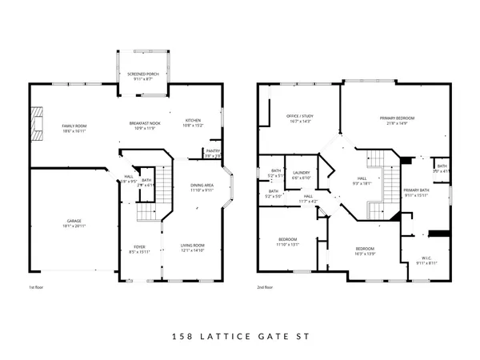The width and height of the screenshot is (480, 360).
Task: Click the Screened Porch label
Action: (142, 75)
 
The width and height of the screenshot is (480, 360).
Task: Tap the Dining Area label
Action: (202, 188)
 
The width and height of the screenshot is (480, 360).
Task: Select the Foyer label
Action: (138, 247)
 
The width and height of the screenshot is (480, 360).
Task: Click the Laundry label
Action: (302, 174)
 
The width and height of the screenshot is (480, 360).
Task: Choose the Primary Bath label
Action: (417, 193)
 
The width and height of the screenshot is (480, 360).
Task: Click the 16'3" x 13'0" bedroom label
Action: (364, 251)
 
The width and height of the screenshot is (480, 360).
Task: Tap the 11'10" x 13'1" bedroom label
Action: (288, 242)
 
